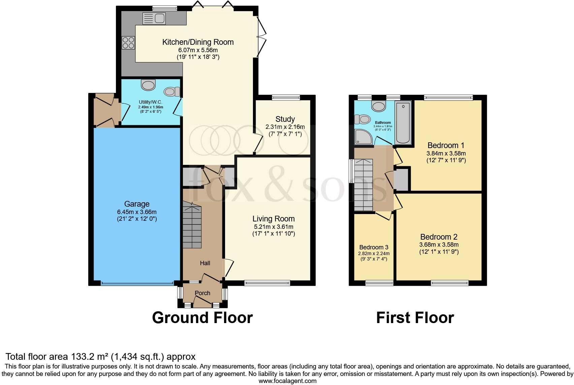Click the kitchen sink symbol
pos(153,18)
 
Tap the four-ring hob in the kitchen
pos(128,43)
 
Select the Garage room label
pos(137,204)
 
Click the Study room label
pos(285,119)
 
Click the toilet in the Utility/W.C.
pos(172,91)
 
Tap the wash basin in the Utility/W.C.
pos(149,84)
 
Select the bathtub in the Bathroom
pos(403,123)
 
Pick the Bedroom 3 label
pos(374,247)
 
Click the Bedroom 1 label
pos(446,145)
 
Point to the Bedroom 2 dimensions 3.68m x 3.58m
pos(439,245)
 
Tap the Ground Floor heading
pos(202,318)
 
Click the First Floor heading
pos(415,318)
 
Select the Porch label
pos(202,293)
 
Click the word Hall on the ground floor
pos(205,263)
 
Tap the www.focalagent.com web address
pos(287,381)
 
